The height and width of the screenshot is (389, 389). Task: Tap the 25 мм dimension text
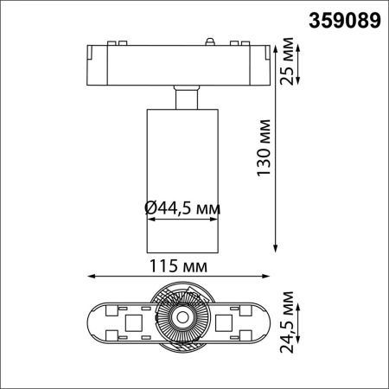click(287, 60)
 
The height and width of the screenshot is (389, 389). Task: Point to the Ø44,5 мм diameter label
click(182, 208)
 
